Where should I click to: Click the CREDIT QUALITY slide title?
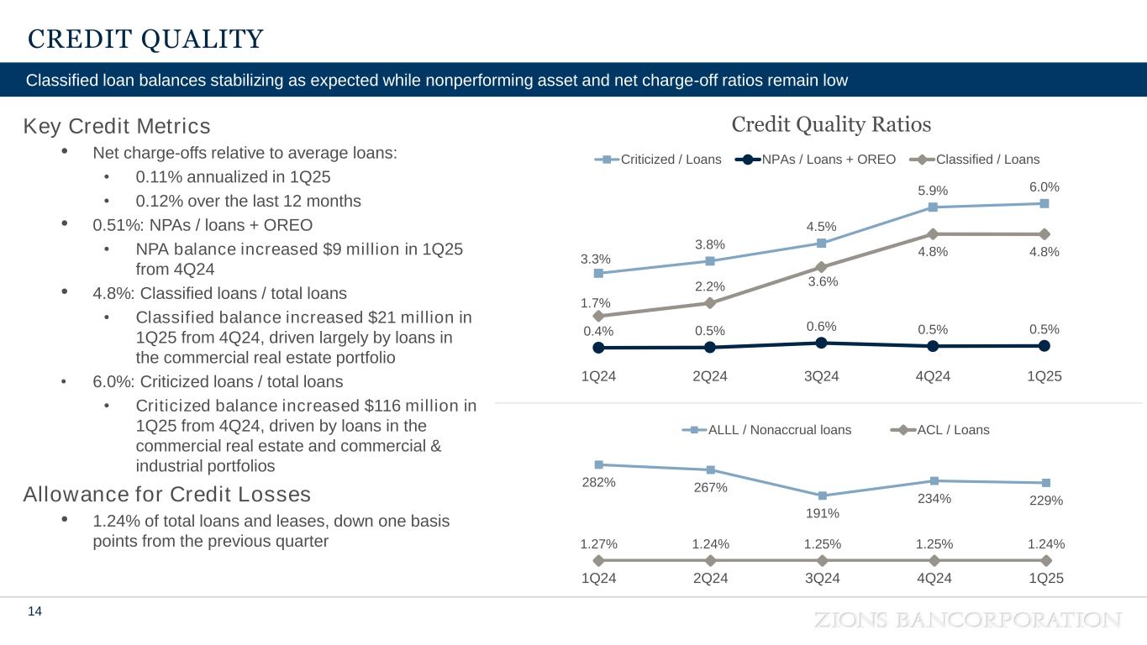pyautogui.click(x=145, y=39)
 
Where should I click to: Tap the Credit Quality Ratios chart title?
pyautogui.click(x=831, y=125)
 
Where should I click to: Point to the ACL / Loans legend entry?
pyautogui.click(x=941, y=430)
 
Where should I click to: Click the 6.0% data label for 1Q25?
pyautogui.click(x=1044, y=186)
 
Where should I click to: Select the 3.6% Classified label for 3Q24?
pyautogui.click(x=823, y=282)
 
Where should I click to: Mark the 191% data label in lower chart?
pyautogui.click(x=823, y=513)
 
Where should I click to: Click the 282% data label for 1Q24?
pyautogui.click(x=598, y=483)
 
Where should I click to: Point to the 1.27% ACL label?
pyautogui.click(x=598, y=543)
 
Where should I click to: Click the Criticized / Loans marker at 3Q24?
pyautogui.click(x=822, y=244)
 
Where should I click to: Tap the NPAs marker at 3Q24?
pyautogui.click(x=822, y=343)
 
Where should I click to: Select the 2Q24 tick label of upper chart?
pyautogui.click(x=710, y=376)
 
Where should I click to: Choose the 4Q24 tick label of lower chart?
pyautogui.click(x=934, y=578)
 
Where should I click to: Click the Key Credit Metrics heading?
pyautogui.click(x=117, y=127)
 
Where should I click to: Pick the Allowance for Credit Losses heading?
pyautogui.click(x=167, y=494)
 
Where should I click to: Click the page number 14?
pyautogui.click(x=35, y=612)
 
